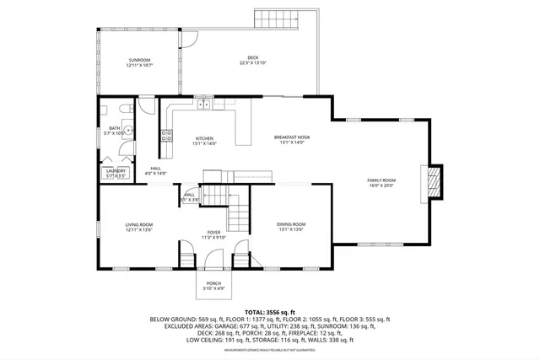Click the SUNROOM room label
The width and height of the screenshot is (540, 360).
tap(139, 60)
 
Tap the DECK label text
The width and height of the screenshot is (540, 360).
tap(252, 58)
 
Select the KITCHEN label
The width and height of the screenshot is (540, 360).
tap(205, 138)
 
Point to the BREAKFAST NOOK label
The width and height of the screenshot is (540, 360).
tap(292, 137)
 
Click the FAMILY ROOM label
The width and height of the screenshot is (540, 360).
tap(381, 180)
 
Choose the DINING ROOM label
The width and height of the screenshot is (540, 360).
tap(291, 224)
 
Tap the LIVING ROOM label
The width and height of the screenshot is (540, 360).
tap(139, 224)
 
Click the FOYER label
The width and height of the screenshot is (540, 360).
tap(213, 233)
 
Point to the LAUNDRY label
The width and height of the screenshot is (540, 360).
tap(115, 171)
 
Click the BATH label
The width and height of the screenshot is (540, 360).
tap(114, 128)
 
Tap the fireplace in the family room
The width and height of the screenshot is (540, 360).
tap(434, 181)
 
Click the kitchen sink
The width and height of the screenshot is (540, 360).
tap(203, 105)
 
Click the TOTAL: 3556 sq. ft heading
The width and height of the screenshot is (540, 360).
tap(270, 312)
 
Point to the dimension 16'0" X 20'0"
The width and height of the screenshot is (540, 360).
tap(381, 185)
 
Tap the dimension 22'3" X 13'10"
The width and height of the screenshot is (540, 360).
tap(252, 63)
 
